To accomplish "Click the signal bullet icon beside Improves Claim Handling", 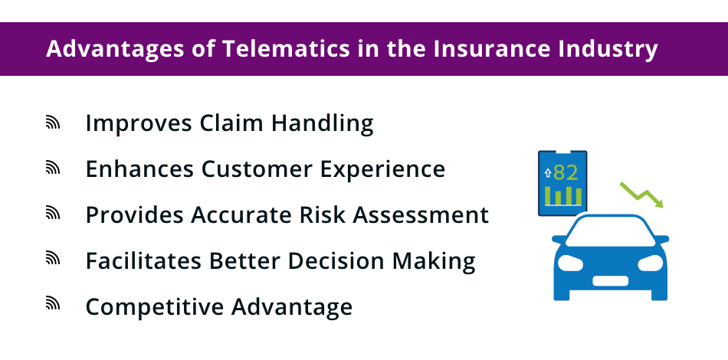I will click(x=53, y=123).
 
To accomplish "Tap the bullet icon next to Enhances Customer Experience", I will click(x=53, y=169).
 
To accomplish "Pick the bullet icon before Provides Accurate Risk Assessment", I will click(x=53, y=214).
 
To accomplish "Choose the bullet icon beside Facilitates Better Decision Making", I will click(x=53, y=260).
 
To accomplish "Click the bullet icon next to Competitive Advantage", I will click(x=53, y=306).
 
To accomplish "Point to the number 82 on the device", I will click(x=566, y=172).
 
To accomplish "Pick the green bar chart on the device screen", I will click(x=563, y=196).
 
